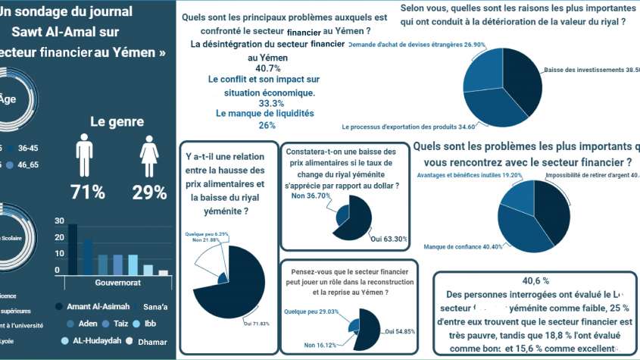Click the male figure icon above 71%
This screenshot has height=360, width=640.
(84, 157)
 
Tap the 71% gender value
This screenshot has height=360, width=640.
(88, 193)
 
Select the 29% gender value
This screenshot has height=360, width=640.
(149, 193)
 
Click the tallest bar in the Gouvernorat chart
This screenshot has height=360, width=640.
(73, 249)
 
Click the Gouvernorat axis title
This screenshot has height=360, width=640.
(117, 283)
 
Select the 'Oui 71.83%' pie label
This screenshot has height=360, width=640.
(258, 324)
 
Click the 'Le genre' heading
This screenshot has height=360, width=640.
(118, 121)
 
